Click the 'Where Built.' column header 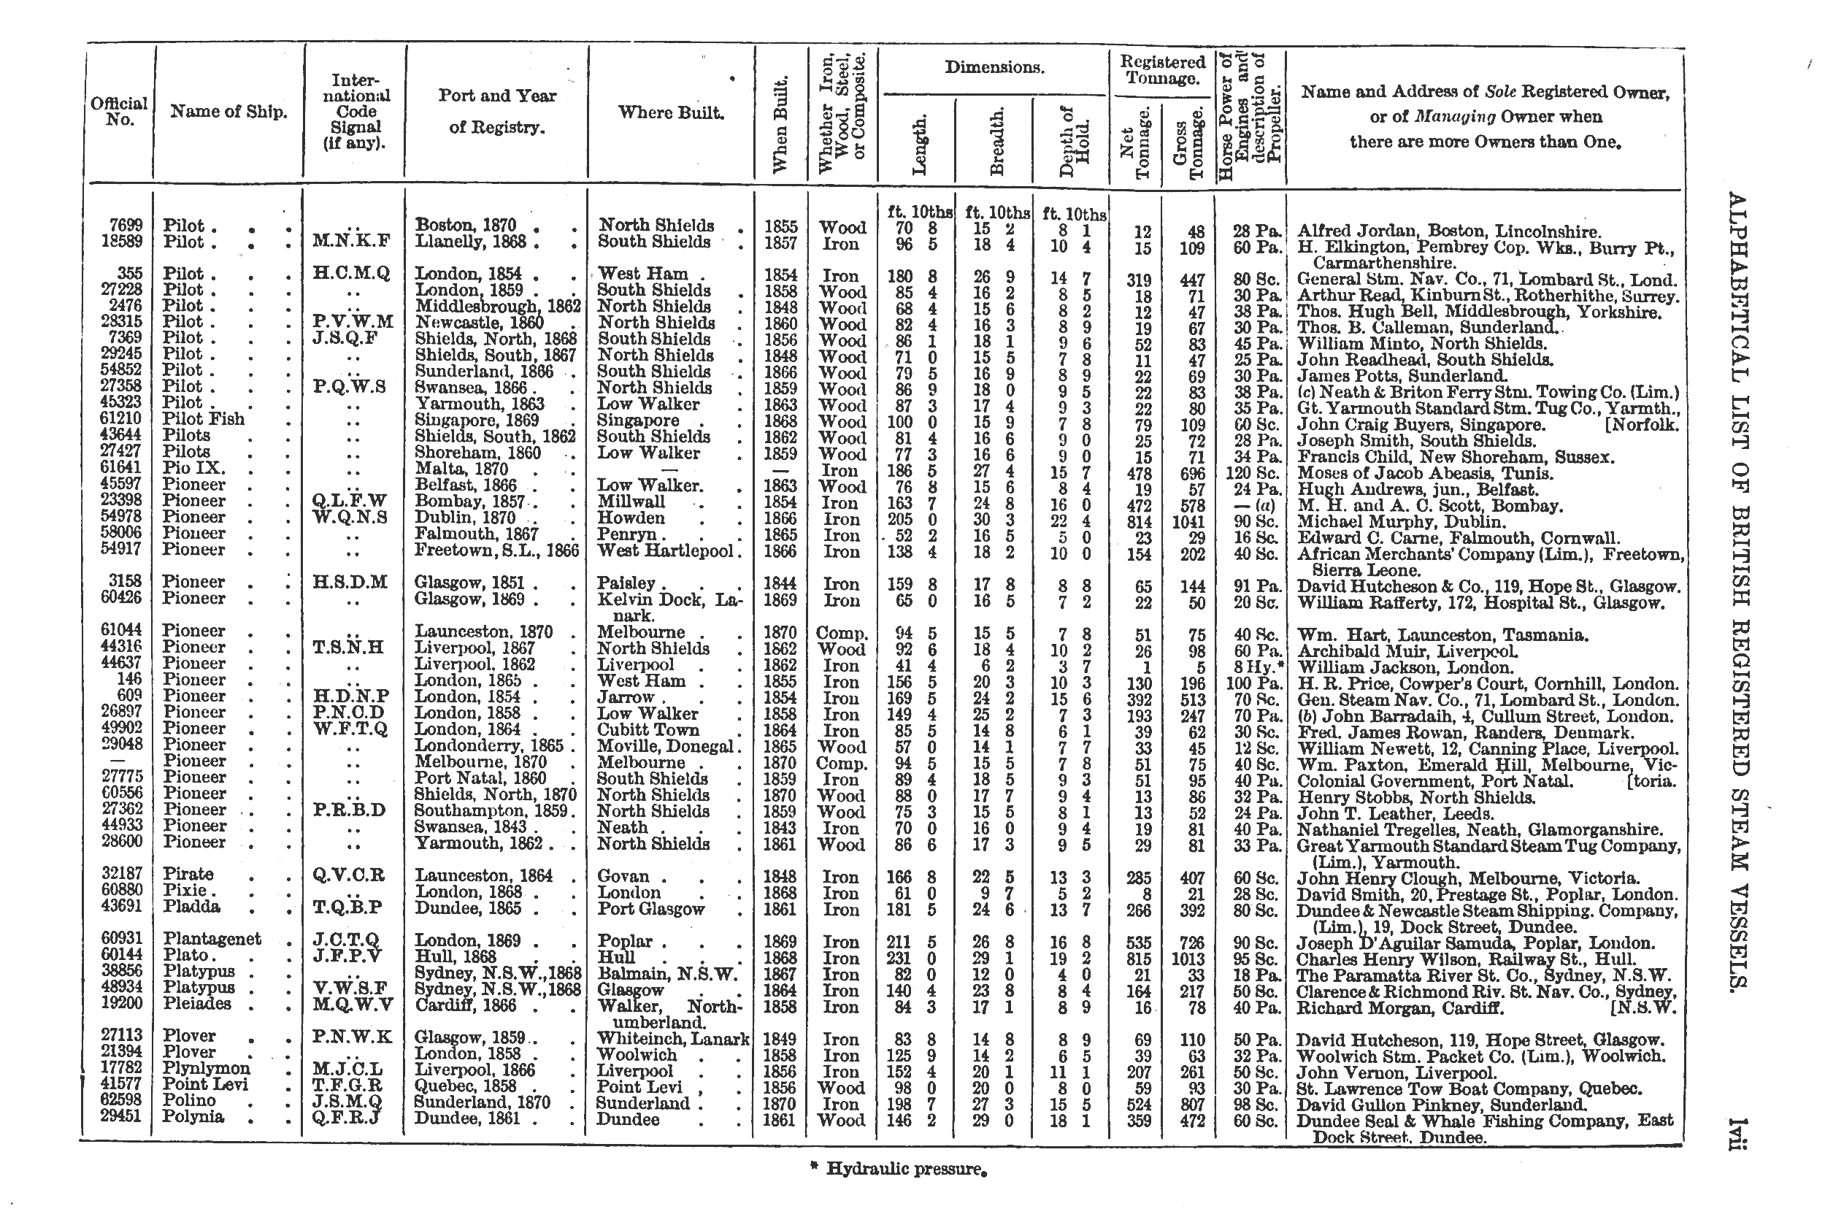[671, 112]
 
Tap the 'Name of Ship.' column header [229, 112]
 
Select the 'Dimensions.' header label [994, 67]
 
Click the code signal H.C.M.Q [352, 274]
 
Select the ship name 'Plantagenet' [212, 939]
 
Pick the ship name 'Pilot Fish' [203, 419]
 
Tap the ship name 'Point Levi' [205, 1084]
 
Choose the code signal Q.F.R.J [346, 1117]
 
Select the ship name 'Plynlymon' [207, 1068]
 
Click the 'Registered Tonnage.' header [1161, 70]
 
